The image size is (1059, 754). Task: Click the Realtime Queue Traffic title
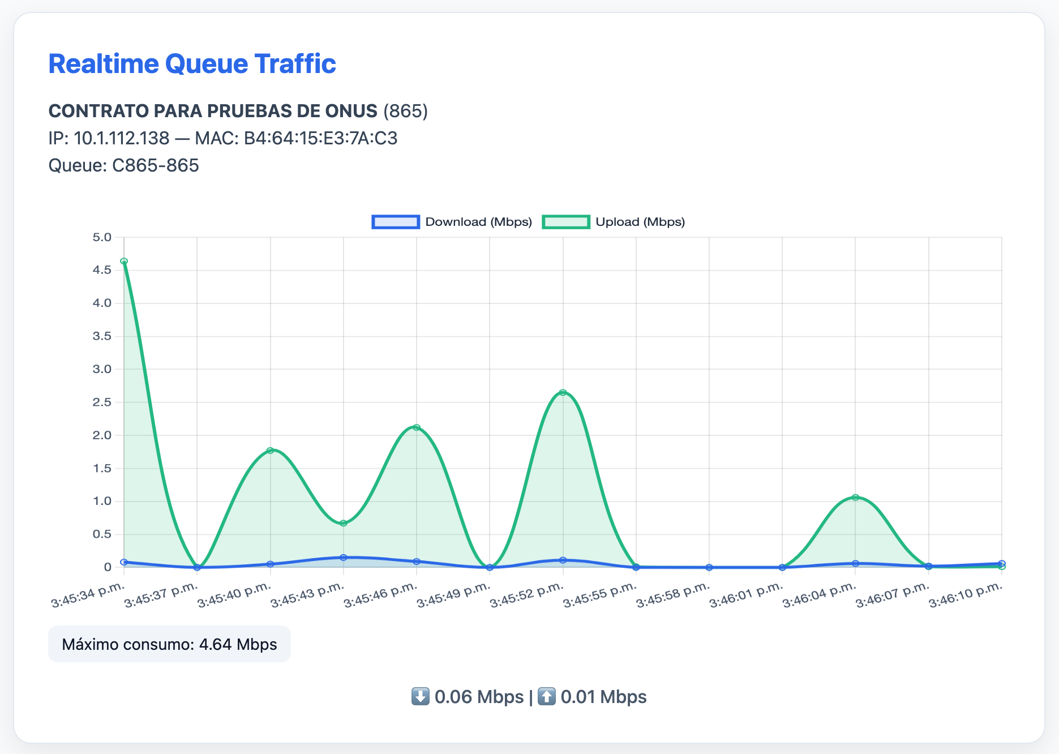coord(192,64)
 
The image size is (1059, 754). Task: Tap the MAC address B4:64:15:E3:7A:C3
coord(320,138)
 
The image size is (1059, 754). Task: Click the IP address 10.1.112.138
coord(121,138)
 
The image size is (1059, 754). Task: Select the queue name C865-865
coord(156,165)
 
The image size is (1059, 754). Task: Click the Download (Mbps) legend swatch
coord(395,222)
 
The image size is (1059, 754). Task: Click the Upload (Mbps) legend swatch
coord(566,222)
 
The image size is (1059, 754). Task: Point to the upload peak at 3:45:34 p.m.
coord(124,262)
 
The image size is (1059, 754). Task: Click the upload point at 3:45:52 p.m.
coord(563,392)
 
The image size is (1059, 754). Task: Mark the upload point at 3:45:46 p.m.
coord(417,427)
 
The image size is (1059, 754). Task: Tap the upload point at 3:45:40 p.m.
coord(270,451)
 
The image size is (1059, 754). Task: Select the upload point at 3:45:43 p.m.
coord(344,523)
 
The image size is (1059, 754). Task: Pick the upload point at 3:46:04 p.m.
coord(855,498)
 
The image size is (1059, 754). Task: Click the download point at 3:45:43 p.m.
coord(344,558)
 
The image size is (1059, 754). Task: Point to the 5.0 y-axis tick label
coord(102,237)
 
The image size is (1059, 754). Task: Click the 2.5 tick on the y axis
coord(102,402)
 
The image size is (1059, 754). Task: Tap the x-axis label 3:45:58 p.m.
coord(673,595)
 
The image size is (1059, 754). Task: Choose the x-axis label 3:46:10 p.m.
coord(966,595)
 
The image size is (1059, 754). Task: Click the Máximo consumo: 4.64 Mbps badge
coord(169,644)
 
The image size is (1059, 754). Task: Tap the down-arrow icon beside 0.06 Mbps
coord(420,696)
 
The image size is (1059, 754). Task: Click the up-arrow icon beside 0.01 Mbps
coord(546,696)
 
